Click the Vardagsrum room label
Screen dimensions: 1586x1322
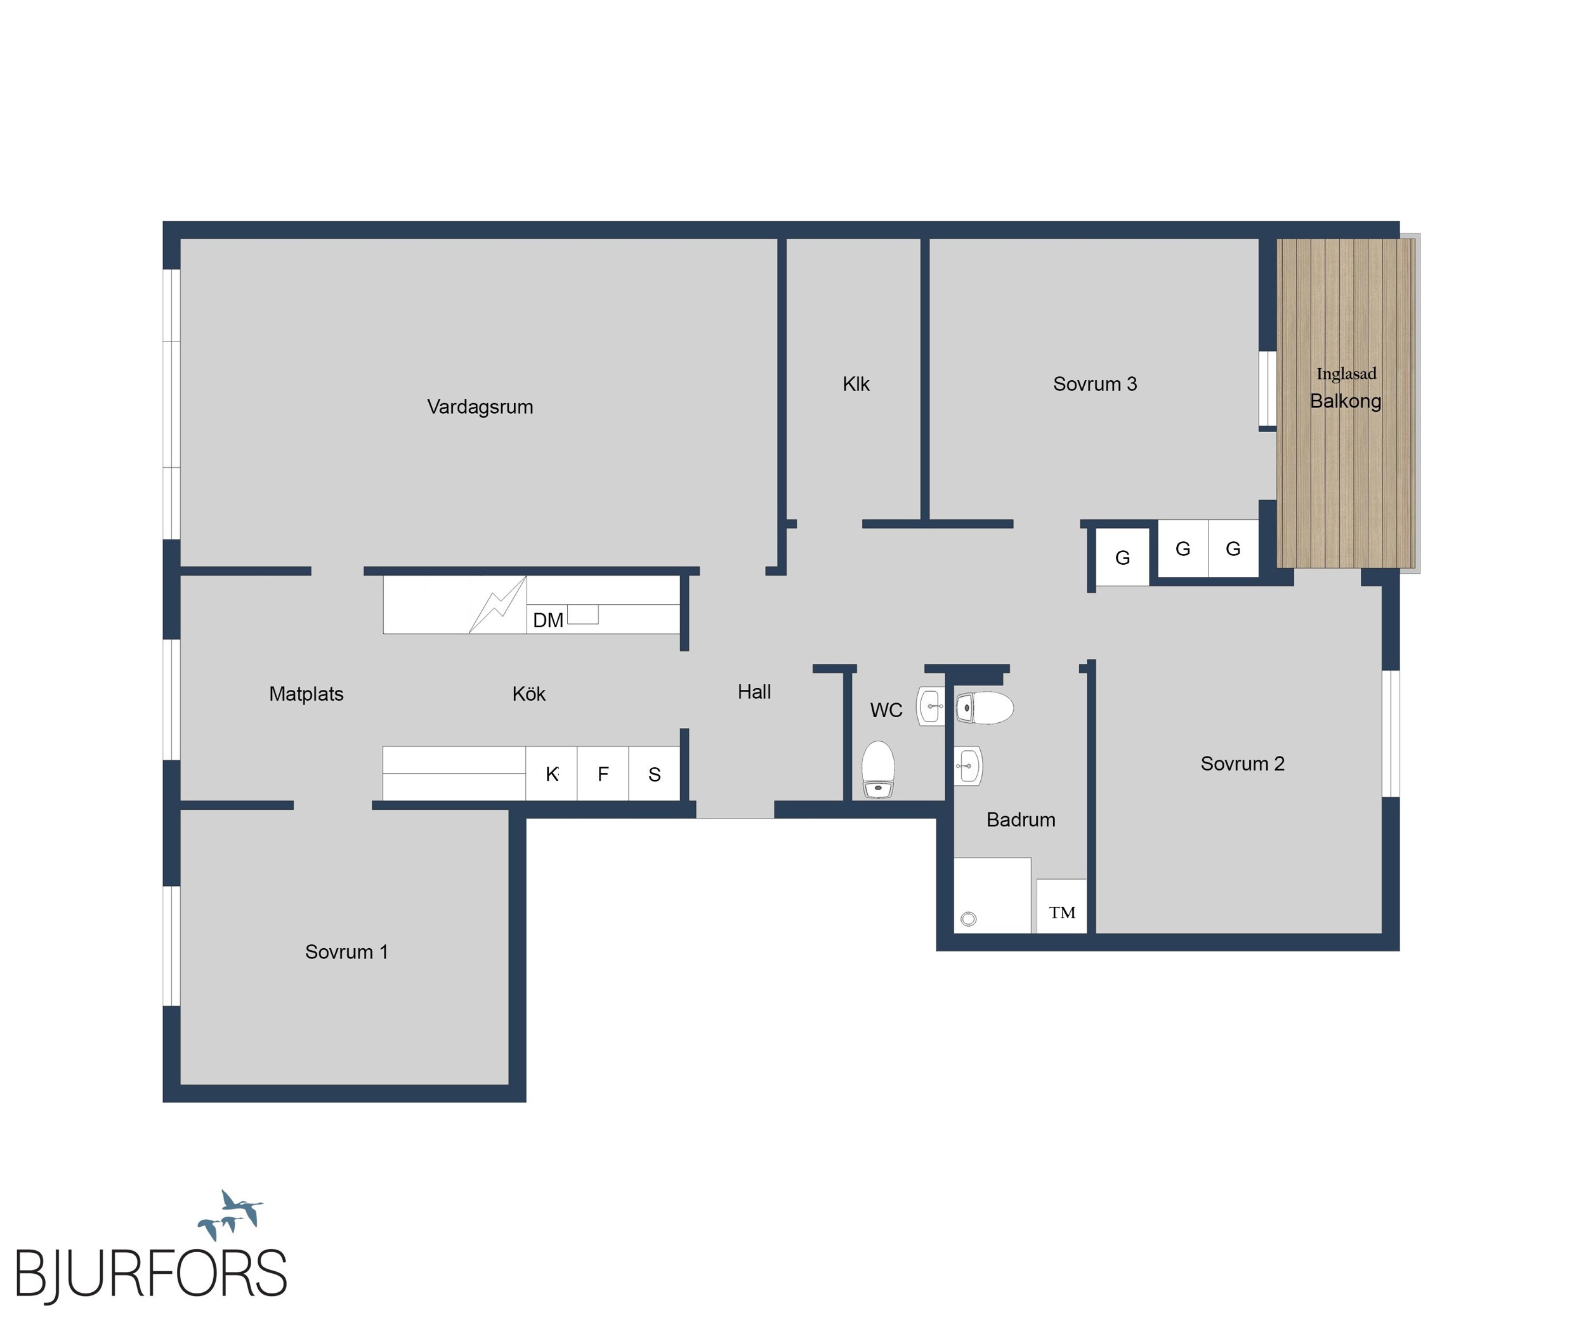click(x=480, y=407)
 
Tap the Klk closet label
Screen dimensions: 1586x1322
click(x=856, y=384)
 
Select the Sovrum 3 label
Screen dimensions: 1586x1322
click(x=1095, y=384)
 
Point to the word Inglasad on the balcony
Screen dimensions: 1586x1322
click(x=1347, y=374)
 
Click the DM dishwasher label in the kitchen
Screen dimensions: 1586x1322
click(x=548, y=620)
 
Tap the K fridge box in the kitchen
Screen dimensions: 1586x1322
click(x=551, y=774)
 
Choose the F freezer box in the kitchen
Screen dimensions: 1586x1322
click(x=603, y=774)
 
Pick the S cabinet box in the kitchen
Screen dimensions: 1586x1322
click(x=654, y=774)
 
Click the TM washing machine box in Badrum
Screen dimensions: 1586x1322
click(x=1062, y=906)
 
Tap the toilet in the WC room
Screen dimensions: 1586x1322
click(x=879, y=769)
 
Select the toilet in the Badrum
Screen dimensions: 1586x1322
click(x=985, y=708)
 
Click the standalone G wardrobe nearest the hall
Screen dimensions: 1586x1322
click(x=1122, y=557)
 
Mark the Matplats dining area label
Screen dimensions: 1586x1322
click(x=306, y=694)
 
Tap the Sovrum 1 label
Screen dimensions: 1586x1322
click(x=346, y=952)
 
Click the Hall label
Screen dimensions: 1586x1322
click(x=754, y=691)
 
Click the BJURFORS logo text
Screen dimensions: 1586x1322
click(x=151, y=1274)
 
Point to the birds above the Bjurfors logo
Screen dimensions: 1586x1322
click(x=230, y=1215)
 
